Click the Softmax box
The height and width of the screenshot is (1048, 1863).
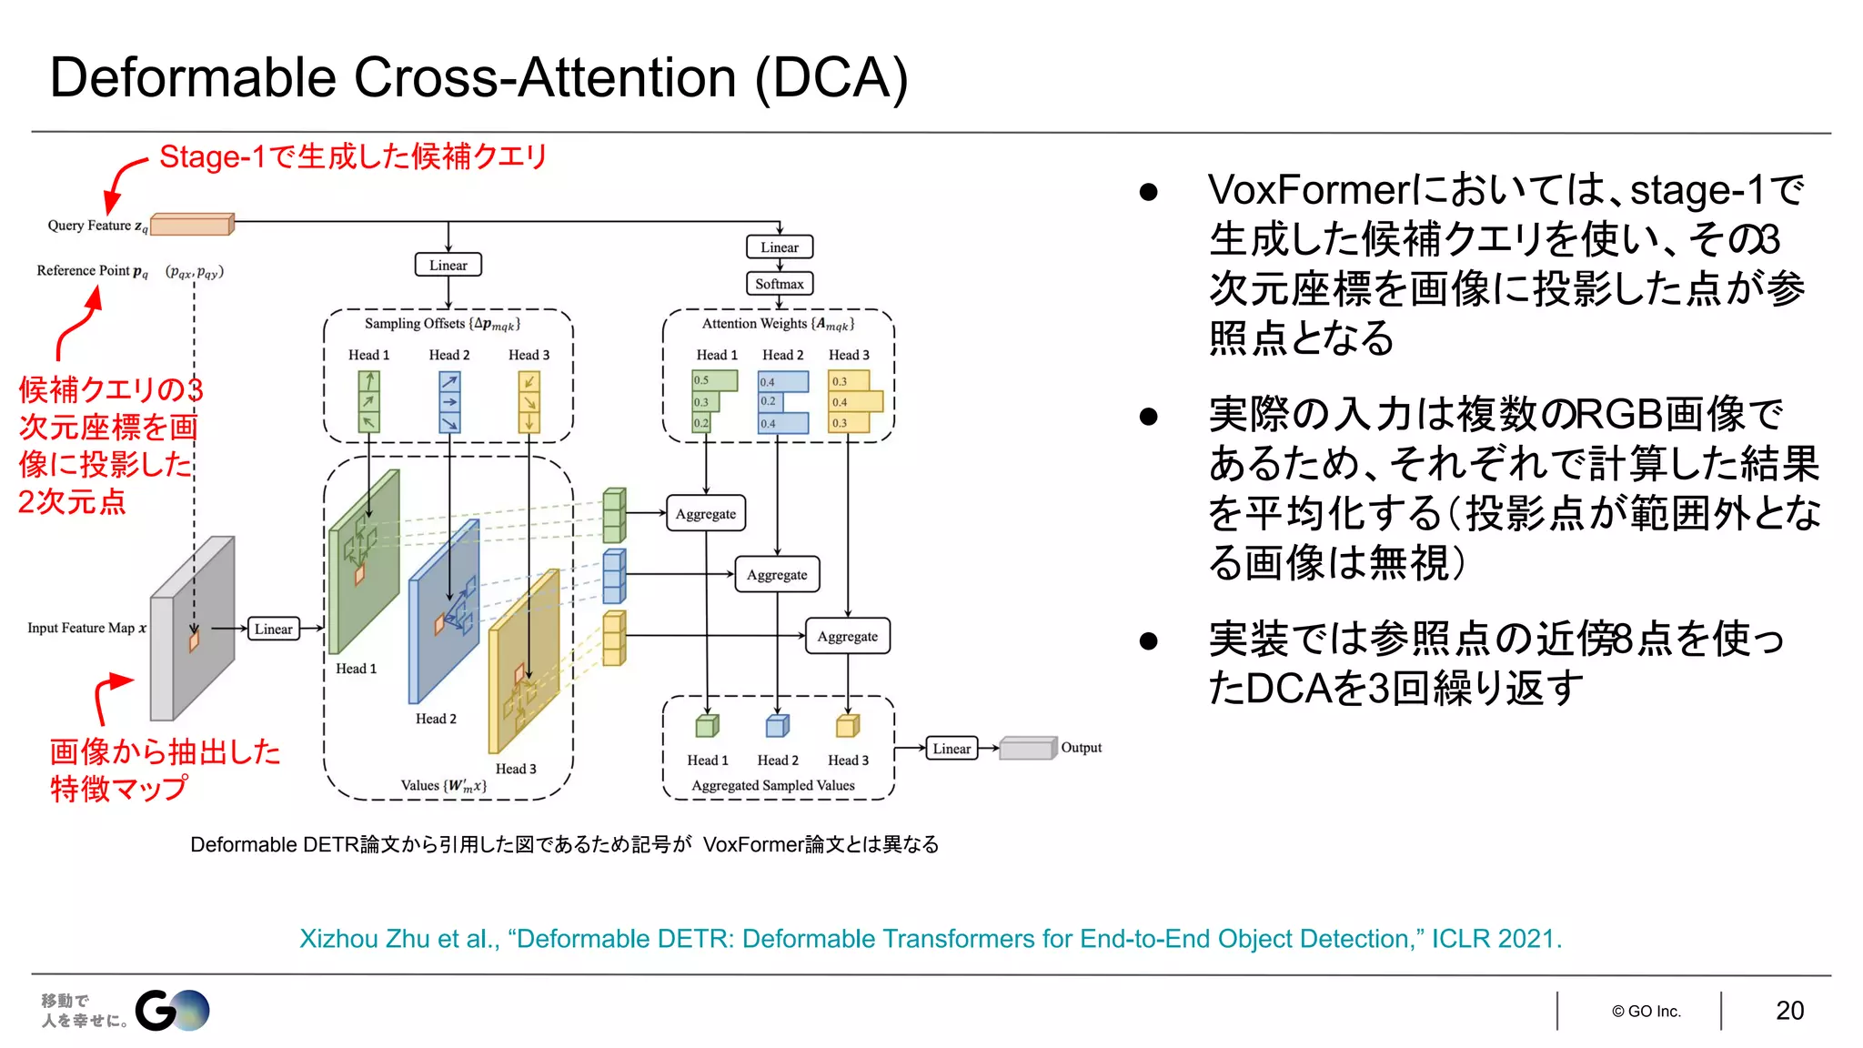tap(780, 284)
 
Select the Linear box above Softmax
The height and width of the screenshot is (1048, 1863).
tap(780, 247)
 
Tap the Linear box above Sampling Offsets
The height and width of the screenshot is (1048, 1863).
tap(448, 265)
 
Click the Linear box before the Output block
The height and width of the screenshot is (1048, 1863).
tap(952, 749)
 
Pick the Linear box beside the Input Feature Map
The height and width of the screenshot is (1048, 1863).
tap(274, 629)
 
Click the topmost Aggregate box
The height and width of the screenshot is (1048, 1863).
tap(706, 513)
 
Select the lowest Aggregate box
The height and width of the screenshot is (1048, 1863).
tap(847, 636)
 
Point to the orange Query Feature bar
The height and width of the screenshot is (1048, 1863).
tap(192, 224)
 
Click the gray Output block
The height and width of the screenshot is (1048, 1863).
tap(1027, 748)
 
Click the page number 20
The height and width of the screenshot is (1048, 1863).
tap(1789, 1011)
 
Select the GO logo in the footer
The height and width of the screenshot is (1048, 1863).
tap(173, 1010)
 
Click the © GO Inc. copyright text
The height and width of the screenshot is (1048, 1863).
tap(1646, 1012)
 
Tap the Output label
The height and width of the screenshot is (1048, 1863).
tap(1081, 748)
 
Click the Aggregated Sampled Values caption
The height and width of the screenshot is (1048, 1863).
tap(773, 785)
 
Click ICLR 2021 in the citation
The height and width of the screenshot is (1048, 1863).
tap(1495, 939)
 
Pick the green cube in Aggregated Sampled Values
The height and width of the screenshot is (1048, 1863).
tap(707, 726)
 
